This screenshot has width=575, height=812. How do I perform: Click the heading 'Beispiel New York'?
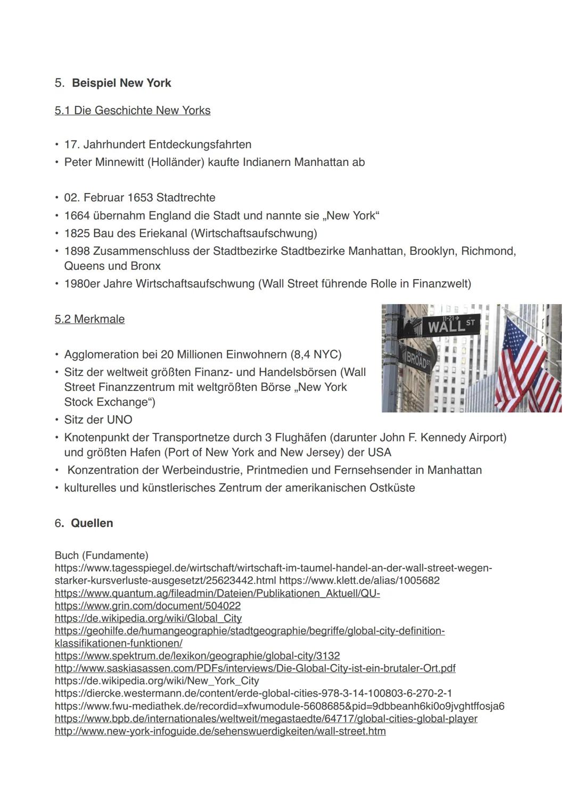[121, 83]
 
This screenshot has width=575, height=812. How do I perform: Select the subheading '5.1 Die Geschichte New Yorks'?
[133, 111]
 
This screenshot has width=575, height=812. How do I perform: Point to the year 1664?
[77, 216]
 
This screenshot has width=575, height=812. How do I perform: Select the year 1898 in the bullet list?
[77, 251]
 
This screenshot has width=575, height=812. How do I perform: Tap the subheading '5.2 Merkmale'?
[89, 319]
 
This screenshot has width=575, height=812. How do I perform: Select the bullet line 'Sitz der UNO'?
[98, 420]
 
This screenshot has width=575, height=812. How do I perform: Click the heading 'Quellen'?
[92, 523]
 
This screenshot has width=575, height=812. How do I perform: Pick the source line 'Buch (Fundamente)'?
[101, 555]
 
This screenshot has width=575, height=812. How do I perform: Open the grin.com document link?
[147, 606]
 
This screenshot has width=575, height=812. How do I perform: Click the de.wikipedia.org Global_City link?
[148, 618]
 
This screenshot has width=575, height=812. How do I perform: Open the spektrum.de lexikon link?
[197, 656]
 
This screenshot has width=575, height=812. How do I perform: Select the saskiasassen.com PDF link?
[254, 668]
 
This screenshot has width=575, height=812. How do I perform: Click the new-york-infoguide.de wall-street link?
[220, 731]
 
